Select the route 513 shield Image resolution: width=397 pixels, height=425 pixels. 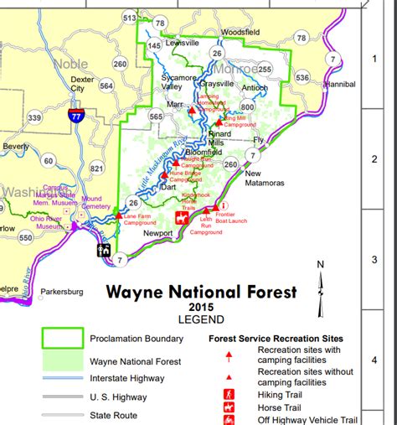click(128, 18)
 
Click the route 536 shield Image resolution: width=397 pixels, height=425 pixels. click(302, 78)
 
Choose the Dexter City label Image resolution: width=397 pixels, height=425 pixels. click(78, 83)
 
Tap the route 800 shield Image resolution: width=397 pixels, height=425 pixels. click(247, 107)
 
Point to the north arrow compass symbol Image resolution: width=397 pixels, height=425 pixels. click(320, 278)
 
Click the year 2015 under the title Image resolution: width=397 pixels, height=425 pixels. click(201, 308)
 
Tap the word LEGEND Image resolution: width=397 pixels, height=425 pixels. click(201, 319)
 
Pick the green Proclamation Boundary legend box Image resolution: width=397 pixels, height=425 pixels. click(63, 338)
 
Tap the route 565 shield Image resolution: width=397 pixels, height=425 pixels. click(156, 117)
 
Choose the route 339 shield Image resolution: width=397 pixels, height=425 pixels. click(34, 118)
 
